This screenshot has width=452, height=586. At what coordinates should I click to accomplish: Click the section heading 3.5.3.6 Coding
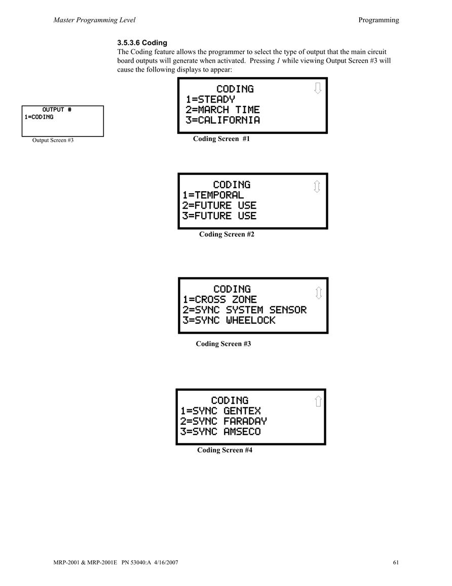[142, 43]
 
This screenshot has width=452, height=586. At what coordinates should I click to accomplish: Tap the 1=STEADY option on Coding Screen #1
[210, 99]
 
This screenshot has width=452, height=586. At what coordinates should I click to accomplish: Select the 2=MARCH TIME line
[223, 110]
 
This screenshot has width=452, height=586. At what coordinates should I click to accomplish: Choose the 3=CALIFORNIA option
[223, 120]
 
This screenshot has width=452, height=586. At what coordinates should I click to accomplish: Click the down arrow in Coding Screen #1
[318, 88]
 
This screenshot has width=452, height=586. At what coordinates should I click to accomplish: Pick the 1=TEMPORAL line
[213, 195]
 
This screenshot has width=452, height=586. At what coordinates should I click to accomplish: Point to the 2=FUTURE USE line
[219, 205]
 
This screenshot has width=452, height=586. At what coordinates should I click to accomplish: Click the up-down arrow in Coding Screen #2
[317, 187]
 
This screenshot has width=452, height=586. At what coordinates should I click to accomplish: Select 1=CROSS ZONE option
[219, 300]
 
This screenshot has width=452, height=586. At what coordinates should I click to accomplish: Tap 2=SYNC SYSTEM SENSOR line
[244, 310]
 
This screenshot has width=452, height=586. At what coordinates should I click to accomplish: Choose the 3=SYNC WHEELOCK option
[229, 320]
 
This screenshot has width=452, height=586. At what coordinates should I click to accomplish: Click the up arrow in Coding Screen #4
[318, 401]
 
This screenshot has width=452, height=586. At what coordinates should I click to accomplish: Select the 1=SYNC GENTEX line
[220, 411]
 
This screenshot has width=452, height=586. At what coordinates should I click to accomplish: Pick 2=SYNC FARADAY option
[223, 421]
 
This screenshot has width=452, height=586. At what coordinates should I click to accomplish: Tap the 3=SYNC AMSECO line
[220, 432]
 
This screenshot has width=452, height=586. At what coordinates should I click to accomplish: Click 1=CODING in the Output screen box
[39, 117]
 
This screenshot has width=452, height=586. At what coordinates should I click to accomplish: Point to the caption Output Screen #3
[53, 140]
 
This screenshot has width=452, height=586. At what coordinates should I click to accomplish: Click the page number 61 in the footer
[396, 562]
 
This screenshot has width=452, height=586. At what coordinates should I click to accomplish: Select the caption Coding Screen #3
[223, 344]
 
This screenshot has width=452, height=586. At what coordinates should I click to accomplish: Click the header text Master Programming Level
[94, 20]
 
